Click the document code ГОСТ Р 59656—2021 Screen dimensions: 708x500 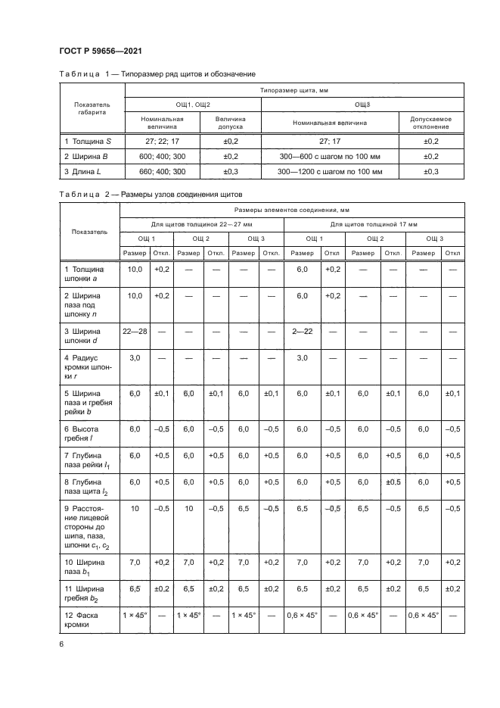[x=101, y=51]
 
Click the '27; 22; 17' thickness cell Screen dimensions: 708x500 [x=163, y=141]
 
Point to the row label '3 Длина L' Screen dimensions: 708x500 [x=82, y=172]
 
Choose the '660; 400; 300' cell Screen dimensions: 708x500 [x=163, y=172]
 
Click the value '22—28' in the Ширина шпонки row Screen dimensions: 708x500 [x=135, y=332]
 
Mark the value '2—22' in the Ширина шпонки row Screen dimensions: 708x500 [x=303, y=332]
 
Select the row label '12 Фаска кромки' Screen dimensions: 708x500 [x=83, y=619]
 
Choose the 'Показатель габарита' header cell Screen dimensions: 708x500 [x=92, y=108]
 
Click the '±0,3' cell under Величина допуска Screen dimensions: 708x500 [x=231, y=172]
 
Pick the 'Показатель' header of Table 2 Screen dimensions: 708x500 [x=90, y=231]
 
